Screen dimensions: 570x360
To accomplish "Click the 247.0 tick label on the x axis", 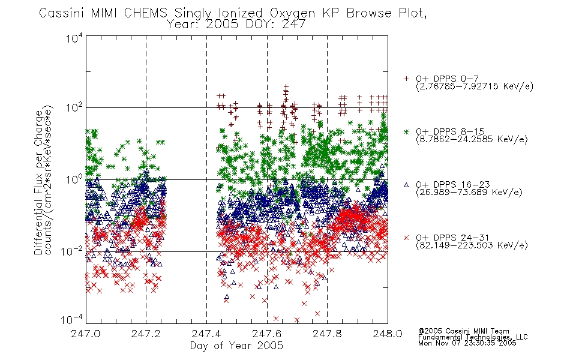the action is pyautogui.click(x=86, y=334).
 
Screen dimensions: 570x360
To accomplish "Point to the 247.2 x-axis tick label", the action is pyautogui.click(x=146, y=334).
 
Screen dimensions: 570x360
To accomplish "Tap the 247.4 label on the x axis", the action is pyautogui.click(x=206, y=334).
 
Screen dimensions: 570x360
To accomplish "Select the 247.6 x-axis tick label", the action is pyautogui.click(x=267, y=334).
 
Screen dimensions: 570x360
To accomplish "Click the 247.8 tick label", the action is pyautogui.click(x=327, y=334).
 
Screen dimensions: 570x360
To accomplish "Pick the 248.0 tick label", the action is pyautogui.click(x=388, y=334).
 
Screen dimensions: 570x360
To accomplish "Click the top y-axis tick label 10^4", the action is pyautogui.click(x=74, y=38).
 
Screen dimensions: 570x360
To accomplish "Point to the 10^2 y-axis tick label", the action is pyautogui.click(x=74, y=107).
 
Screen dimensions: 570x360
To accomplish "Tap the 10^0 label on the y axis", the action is pyautogui.click(x=74, y=179).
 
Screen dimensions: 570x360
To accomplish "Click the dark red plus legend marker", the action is pyautogui.click(x=406, y=79).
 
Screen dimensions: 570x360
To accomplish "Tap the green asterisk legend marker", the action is pyautogui.click(x=406, y=131).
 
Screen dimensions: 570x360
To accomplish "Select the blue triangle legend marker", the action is pyautogui.click(x=406, y=185).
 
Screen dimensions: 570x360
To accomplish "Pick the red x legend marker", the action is pyautogui.click(x=406, y=238).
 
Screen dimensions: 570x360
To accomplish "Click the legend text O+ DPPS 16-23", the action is pyautogui.click(x=453, y=185).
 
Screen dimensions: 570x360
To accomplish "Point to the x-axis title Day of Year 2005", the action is pyautogui.click(x=236, y=346).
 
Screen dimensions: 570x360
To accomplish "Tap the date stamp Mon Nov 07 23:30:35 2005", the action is pyautogui.click(x=467, y=343).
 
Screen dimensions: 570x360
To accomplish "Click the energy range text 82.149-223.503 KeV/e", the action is pyautogui.click(x=472, y=245).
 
